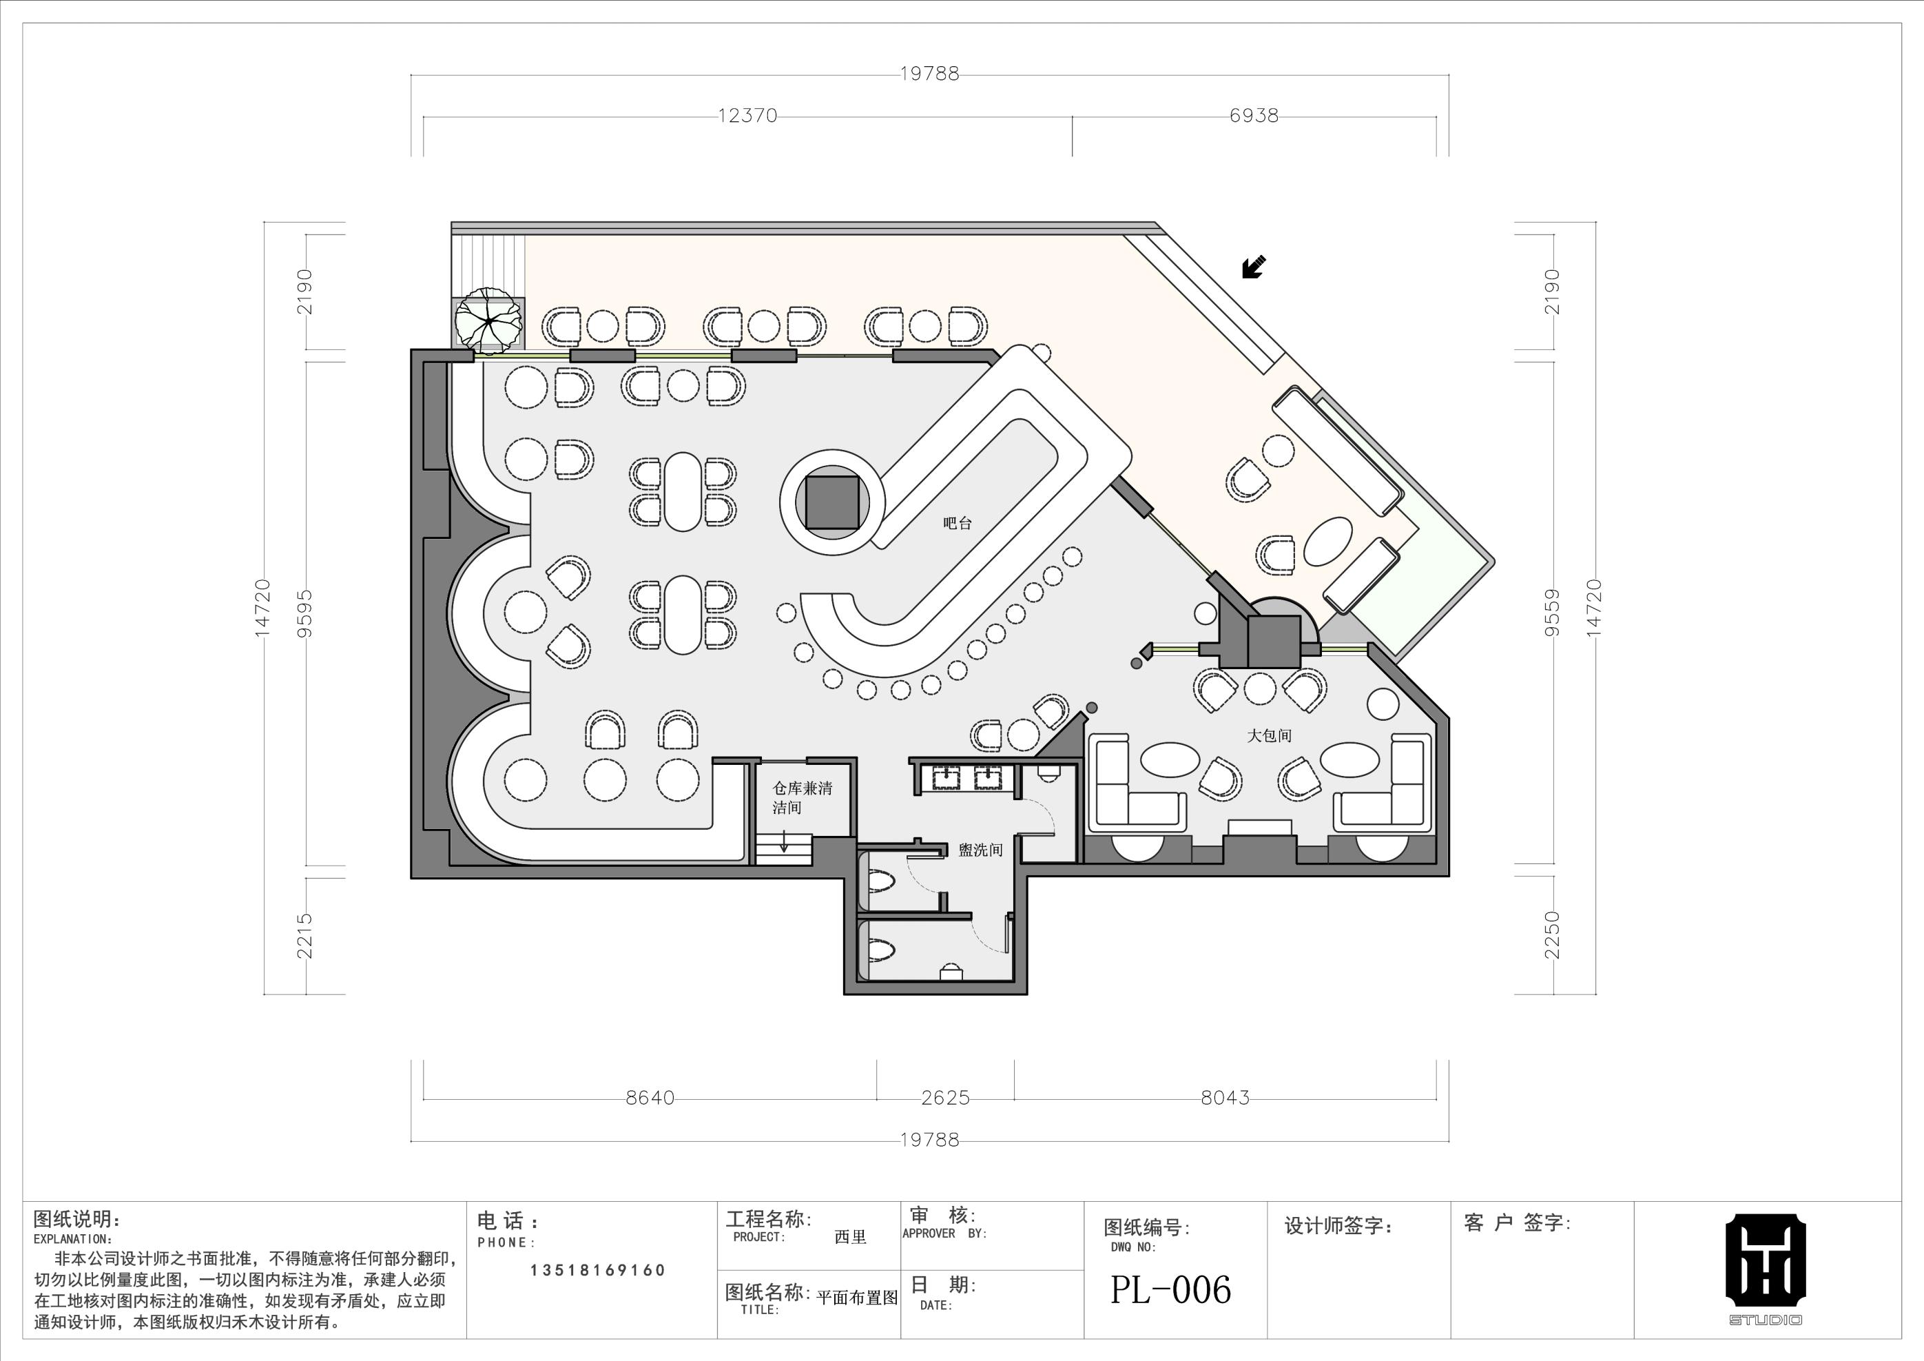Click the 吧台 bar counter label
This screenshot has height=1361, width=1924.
[957, 523]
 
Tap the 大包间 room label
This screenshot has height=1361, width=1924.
[1269, 735]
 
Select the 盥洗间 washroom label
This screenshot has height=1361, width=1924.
[980, 850]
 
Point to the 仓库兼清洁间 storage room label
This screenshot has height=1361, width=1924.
[802, 798]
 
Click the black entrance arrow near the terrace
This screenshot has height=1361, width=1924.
[1254, 267]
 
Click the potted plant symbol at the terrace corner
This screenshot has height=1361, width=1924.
[488, 320]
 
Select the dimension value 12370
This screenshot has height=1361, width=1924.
[747, 116]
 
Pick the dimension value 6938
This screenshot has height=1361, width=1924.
[1254, 116]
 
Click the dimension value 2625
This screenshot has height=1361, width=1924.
[945, 1098]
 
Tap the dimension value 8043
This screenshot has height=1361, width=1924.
[1224, 1098]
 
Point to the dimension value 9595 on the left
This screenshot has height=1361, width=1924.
[305, 613]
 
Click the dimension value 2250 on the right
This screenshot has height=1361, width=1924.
[1552, 935]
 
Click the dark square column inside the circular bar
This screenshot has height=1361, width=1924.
[832, 502]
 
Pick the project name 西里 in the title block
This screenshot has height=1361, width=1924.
[851, 1237]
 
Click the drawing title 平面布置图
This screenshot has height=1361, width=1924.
[856, 1298]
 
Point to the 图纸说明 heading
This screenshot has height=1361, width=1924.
[76, 1218]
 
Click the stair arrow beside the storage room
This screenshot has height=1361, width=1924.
[783, 841]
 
